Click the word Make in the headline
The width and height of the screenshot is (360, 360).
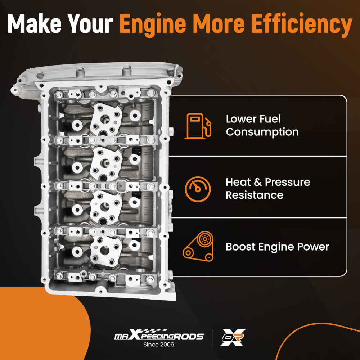coord(35,23)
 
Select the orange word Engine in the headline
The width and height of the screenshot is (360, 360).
coord(153,25)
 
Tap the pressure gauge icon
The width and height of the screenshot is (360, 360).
coord(198,189)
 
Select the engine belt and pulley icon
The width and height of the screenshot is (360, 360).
coord(198,246)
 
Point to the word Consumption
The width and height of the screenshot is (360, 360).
coord(262,132)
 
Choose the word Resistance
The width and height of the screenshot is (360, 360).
coord(255,195)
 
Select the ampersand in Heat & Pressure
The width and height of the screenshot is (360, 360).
coord(258,182)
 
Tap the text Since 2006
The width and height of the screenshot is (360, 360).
coord(159,345)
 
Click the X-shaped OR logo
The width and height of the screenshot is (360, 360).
coord(232,337)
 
